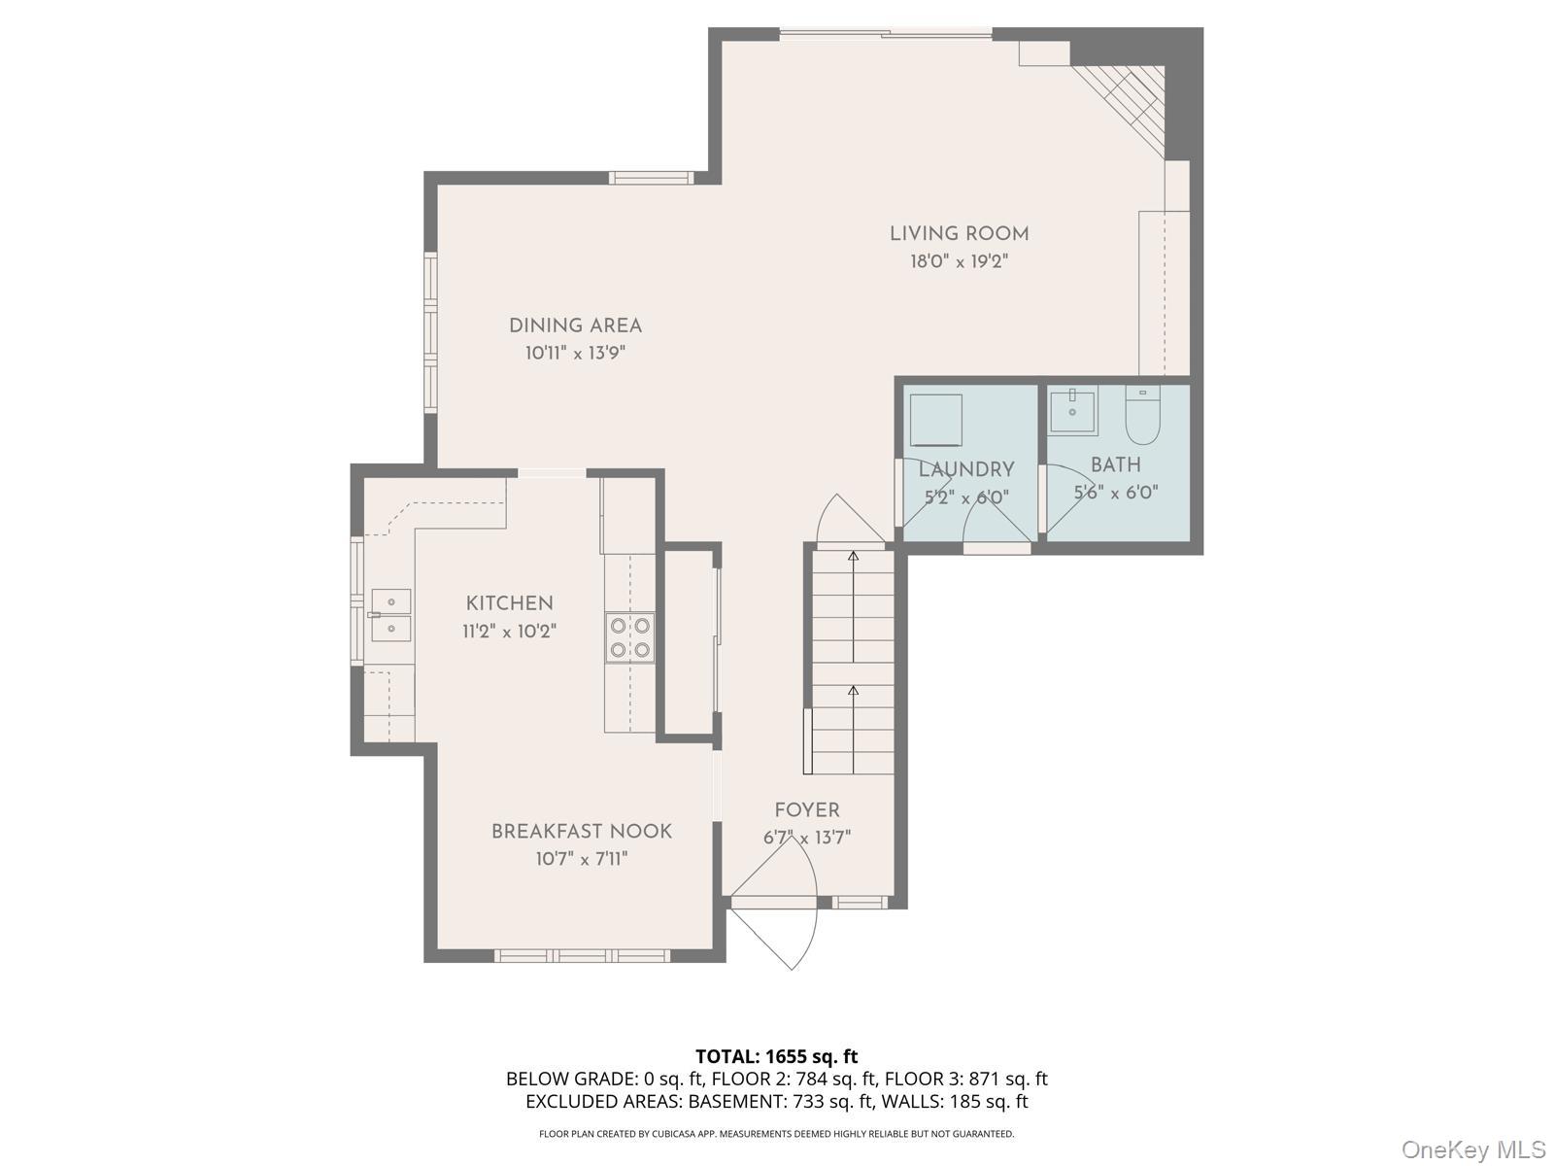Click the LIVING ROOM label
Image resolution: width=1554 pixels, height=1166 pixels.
point(959,234)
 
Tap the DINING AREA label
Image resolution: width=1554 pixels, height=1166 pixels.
point(575,326)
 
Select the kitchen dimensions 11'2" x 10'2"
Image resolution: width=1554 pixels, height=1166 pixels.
point(509,632)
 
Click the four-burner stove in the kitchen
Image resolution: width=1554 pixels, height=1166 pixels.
point(629,638)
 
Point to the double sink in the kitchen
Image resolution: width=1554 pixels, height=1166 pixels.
point(389,615)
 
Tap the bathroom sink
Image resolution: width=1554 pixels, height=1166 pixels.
point(1072,410)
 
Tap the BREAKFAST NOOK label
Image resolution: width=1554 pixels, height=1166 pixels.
point(581,832)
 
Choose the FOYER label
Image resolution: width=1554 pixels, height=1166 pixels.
point(806,810)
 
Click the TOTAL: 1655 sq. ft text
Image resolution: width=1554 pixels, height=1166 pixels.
point(776,1056)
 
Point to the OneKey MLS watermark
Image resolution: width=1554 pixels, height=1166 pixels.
point(1473,1150)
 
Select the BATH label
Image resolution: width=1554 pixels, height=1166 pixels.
point(1115,465)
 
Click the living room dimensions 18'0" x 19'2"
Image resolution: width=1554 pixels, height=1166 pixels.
point(959,261)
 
